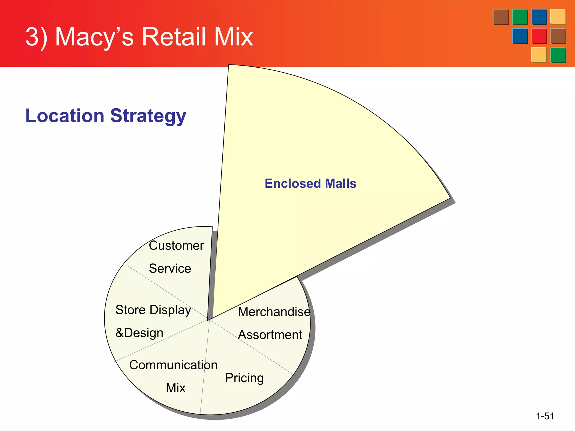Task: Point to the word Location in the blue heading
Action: [65, 116]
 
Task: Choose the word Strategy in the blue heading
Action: [148, 116]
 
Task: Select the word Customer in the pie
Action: [176, 246]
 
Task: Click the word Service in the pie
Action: [170, 269]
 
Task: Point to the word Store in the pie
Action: [131, 310]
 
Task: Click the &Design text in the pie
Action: [139, 333]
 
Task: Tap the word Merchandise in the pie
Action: [274, 312]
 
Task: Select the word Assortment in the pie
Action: [270, 335]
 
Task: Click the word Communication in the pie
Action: [173, 365]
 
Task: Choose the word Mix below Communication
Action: [175, 388]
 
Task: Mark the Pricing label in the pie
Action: [244, 378]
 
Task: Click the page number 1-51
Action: [545, 416]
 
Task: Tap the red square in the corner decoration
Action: [539, 36]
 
